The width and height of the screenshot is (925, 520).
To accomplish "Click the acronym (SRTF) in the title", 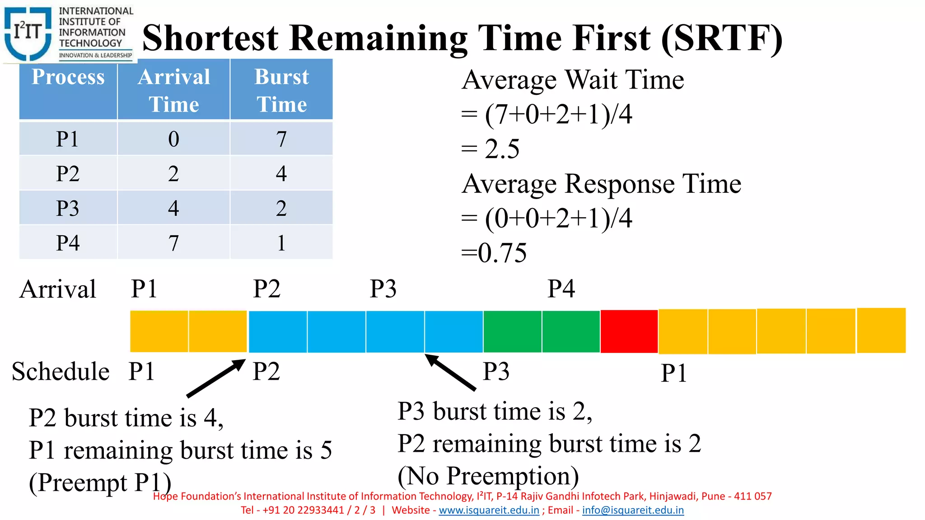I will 721,38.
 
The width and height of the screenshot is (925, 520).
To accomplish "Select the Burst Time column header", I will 281,90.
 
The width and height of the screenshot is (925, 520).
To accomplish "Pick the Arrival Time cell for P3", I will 173,208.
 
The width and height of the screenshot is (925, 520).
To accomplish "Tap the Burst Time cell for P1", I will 281,139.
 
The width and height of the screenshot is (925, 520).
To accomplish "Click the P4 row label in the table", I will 68,243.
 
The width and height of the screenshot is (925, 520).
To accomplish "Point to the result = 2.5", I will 491,149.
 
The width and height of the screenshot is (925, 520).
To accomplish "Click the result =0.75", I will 494,253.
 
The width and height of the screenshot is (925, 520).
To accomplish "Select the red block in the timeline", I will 629,331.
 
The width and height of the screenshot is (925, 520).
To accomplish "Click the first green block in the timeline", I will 512,331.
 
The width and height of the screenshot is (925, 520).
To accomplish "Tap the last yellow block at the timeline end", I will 881,330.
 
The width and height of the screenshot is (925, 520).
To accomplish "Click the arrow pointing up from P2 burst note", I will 216,378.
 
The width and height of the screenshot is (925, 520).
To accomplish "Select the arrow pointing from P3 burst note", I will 450,372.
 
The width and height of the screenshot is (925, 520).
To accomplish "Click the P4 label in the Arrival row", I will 561,289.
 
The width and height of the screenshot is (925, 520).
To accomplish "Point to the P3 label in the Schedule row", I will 496,371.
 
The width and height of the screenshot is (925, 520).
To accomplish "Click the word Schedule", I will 61,371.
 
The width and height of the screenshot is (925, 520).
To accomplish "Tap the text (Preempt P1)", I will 100,483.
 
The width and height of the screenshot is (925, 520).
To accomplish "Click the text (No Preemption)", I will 488,476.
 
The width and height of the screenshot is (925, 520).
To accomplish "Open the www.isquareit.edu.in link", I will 489,510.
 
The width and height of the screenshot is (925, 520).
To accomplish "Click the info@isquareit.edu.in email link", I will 632,510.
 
